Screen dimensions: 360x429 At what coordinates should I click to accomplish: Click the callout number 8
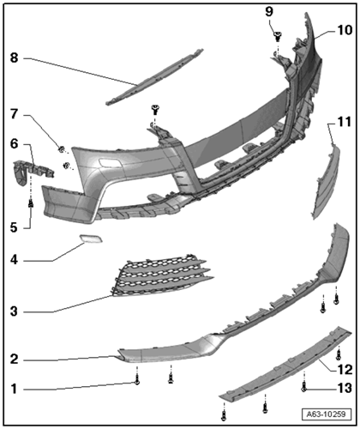pos(14,57)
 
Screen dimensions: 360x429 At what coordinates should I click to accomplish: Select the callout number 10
pos(345,30)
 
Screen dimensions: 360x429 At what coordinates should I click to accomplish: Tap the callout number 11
pos(345,122)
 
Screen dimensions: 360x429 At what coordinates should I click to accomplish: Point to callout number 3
pos(14,311)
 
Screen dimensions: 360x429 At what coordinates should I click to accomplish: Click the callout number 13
pos(345,388)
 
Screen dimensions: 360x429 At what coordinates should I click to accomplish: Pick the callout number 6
pos(14,143)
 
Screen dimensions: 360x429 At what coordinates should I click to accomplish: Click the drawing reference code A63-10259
pos(326,414)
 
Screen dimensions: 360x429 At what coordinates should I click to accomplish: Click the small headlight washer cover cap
pos(91,239)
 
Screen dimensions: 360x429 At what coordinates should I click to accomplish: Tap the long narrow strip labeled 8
pos(154,77)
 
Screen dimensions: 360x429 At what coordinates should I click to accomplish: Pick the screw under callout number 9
pos(277,36)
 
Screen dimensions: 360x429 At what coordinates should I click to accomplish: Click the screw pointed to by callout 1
pos(137,381)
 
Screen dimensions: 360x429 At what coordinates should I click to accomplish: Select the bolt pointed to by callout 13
pos(303,388)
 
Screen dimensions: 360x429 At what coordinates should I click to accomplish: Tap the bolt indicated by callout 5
pos(31,203)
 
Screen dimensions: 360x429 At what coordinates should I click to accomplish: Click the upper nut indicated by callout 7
pos(61,149)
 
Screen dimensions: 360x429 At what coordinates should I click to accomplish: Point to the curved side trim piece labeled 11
pos(326,183)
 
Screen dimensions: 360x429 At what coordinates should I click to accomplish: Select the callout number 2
pos(14,360)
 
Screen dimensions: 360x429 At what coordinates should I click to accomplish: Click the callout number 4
pos(14,260)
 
